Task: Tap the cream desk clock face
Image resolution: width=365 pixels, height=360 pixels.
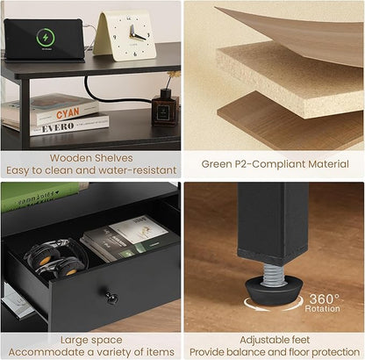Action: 130,36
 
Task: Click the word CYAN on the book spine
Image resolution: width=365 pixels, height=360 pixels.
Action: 68,113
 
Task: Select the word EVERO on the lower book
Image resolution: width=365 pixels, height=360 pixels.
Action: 58,128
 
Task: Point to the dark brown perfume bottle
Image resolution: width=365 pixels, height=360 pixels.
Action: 165,107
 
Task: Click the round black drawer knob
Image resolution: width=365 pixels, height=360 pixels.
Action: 111,298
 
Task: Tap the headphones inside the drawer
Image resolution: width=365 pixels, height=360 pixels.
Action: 56,258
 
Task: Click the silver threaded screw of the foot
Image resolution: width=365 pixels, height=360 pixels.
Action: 275,274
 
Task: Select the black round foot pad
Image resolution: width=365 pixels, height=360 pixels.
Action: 274,291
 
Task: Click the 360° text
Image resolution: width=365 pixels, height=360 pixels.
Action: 324,299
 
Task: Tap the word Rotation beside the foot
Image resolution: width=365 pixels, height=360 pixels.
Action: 322,308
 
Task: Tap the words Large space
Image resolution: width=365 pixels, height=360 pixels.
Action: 91,340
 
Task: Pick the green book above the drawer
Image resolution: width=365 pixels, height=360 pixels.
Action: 41,195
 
